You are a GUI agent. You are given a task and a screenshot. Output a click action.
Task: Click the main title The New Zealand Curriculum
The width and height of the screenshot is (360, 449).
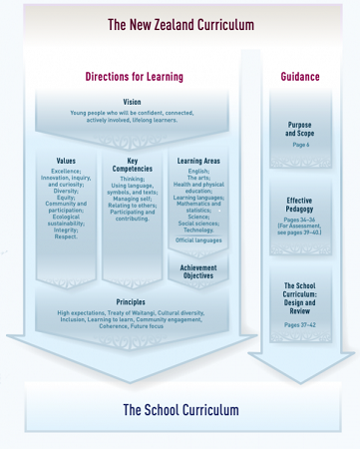(x=180, y=25)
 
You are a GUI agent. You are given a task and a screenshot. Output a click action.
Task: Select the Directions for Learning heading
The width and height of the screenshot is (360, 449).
(x=134, y=77)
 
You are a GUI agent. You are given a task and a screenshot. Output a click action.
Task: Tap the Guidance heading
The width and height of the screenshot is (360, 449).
(x=300, y=77)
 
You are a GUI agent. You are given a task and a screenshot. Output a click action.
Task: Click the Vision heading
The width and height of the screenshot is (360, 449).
(x=132, y=103)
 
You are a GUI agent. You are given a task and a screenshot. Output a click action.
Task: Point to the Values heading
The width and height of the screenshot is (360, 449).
(x=66, y=161)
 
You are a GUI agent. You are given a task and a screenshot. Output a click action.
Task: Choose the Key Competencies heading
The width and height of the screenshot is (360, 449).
(x=133, y=165)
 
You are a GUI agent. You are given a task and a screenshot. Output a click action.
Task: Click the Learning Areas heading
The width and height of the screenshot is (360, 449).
(x=198, y=161)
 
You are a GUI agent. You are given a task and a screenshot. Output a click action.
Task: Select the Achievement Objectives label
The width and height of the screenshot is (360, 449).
(x=198, y=271)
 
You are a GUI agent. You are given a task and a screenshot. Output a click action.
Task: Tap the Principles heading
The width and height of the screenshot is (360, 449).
(x=131, y=301)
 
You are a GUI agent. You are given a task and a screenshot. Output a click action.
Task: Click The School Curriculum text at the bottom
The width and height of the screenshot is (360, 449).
(x=180, y=410)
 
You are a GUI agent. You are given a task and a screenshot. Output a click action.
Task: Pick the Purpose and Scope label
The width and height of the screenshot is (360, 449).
(x=300, y=130)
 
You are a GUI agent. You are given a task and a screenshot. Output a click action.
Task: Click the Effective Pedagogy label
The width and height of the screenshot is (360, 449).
(x=300, y=206)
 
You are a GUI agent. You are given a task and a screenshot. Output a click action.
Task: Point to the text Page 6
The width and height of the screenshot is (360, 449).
(x=300, y=146)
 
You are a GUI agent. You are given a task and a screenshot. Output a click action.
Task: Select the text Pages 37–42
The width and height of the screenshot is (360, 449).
(x=300, y=325)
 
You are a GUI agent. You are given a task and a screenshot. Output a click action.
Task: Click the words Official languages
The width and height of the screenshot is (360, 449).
(x=198, y=240)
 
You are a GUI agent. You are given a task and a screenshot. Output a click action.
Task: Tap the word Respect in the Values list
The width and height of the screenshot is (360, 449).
(x=66, y=236)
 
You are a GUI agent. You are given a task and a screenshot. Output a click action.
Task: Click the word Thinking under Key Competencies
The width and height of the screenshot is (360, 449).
(x=133, y=179)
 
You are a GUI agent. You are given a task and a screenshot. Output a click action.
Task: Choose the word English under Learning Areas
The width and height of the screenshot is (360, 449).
(x=198, y=171)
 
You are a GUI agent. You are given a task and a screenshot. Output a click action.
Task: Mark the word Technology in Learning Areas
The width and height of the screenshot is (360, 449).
(x=199, y=229)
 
